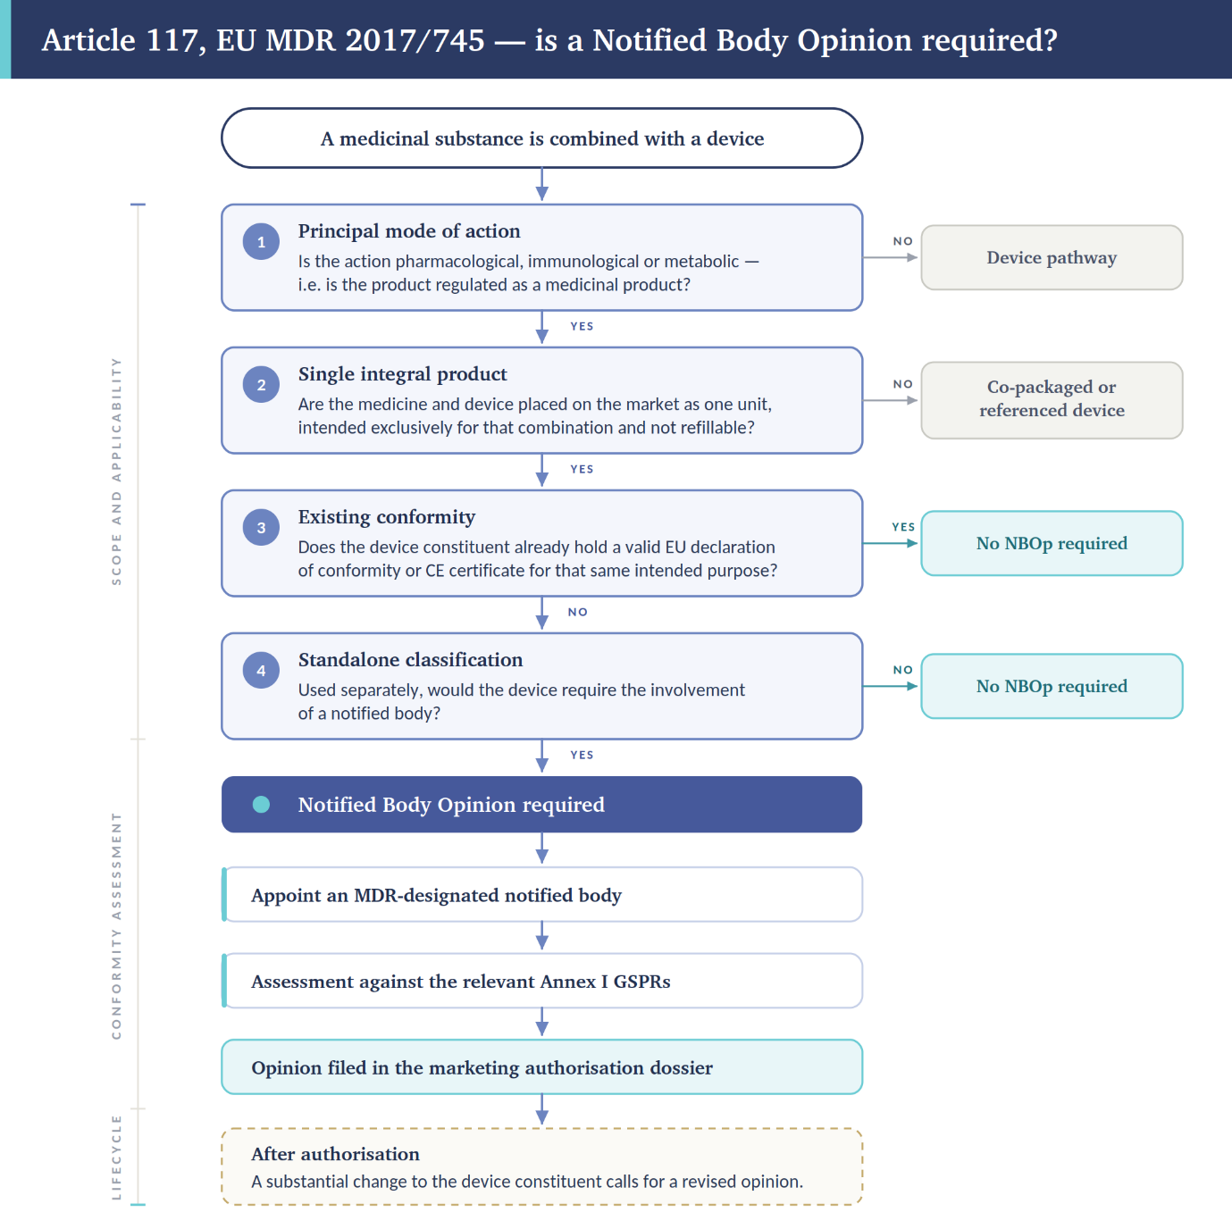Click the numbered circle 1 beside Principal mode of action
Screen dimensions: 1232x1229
(x=261, y=242)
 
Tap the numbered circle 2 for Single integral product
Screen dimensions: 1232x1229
(x=261, y=384)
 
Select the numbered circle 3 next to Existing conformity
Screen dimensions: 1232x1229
(x=261, y=528)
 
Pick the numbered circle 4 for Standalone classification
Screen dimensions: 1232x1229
(x=261, y=670)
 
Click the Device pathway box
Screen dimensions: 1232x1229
(x=1052, y=257)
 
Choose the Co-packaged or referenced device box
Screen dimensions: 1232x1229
(x=1052, y=400)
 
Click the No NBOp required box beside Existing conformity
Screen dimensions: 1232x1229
(x=1052, y=543)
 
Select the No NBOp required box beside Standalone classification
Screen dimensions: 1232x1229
(x=1052, y=686)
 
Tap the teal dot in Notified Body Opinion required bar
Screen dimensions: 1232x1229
(x=261, y=805)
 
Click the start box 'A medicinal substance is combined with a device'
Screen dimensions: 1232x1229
(x=541, y=138)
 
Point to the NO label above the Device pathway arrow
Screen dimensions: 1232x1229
(x=902, y=241)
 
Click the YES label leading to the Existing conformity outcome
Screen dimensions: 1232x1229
(x=902, y=527)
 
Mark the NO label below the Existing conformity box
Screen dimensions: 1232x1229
(x=577, y=612)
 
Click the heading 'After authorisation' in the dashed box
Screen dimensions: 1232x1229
(x=335, y=1154)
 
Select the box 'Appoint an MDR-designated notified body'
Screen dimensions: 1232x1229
(x=541, y=895)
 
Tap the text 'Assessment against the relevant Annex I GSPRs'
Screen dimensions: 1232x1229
(x=460, y=981)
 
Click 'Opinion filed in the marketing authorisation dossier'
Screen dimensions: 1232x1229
(x=482, y=1067)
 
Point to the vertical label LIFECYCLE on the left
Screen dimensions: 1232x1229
(x=116, y=1158)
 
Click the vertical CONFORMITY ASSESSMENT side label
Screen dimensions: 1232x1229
(x=116, y=926)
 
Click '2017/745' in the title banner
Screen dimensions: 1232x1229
(x=415, y=39)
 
